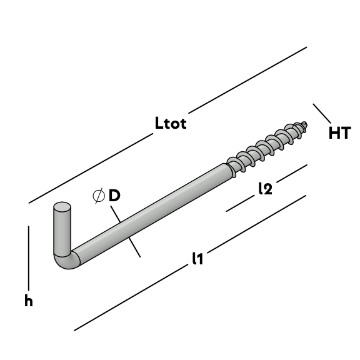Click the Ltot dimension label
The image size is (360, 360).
[x=171, y=123]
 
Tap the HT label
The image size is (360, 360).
[x=340, y=132]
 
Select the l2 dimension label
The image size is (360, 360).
[x=266, y=189]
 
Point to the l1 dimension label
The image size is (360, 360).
[x=198, y=259]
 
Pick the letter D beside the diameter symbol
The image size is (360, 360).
[x=114, y=196]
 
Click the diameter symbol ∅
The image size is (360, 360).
[x=99, y=196]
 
